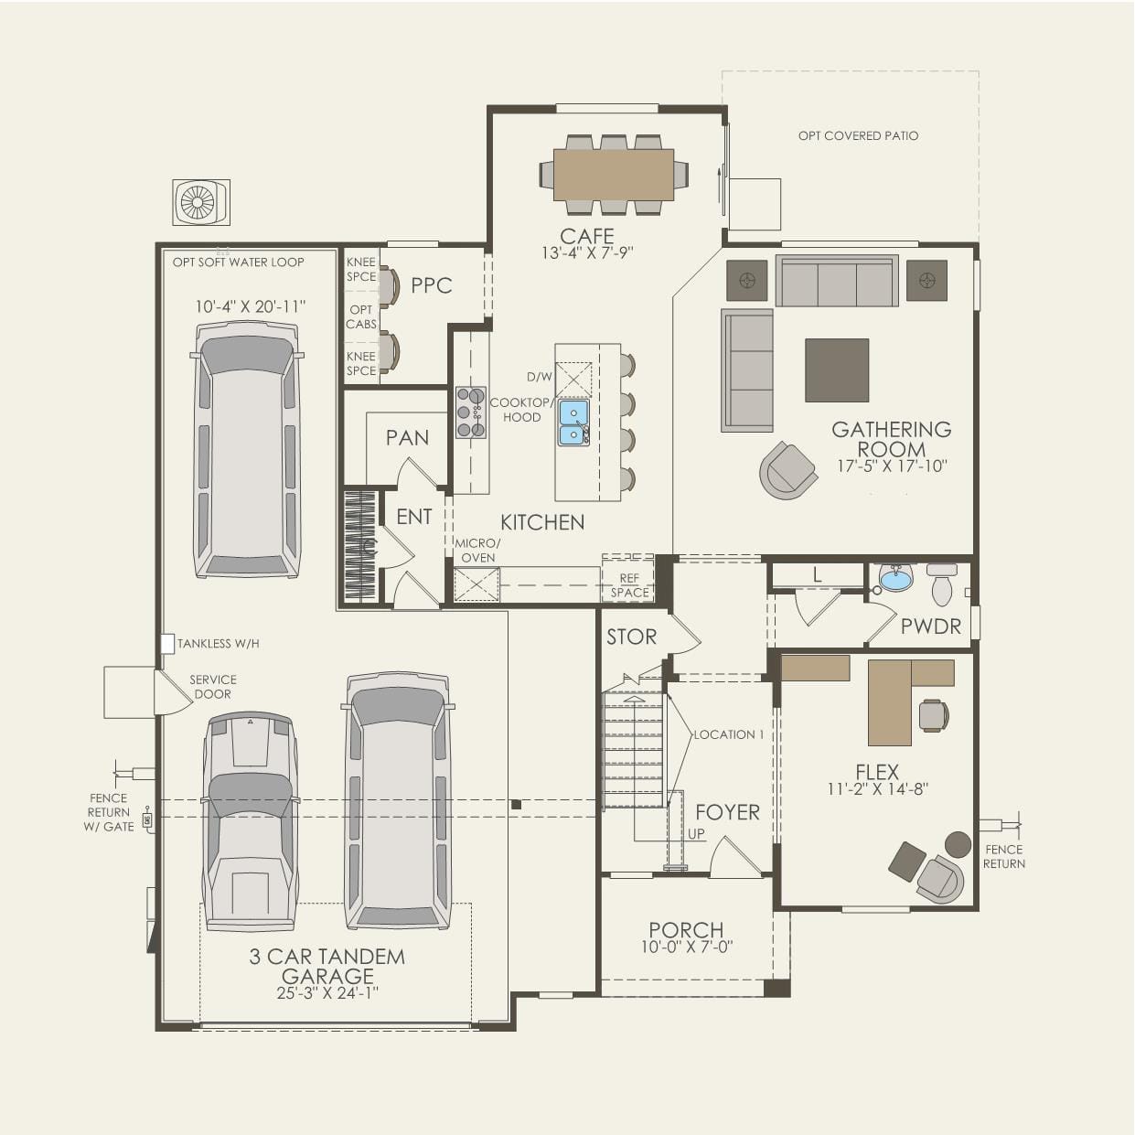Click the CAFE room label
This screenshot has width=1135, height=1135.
(587, 236)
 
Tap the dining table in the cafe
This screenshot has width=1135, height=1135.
(613, 175)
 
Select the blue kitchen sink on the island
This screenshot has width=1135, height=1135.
(573, 423)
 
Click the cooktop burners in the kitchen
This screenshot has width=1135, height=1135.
(470, 412)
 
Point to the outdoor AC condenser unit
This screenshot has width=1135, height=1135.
(200, 202)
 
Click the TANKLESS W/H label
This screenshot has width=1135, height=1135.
(218, 644)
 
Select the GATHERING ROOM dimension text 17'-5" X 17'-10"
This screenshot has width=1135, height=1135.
(892, 466)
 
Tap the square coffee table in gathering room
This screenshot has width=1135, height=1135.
(837, 370)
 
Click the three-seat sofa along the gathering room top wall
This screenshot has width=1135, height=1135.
(837, 282)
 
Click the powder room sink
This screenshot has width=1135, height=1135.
(896, 578)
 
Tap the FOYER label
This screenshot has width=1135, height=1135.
(727, 812)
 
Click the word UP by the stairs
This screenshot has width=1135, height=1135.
(696, 834)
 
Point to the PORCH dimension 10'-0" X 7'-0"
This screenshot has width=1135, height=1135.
(686, 948)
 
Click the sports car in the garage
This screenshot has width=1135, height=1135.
(250, 820)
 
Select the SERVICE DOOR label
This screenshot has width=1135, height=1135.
(213, 687)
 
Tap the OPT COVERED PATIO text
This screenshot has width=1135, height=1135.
(858, 136)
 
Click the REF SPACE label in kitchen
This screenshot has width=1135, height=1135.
(629, 585)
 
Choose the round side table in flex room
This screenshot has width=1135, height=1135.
(958, 843)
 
